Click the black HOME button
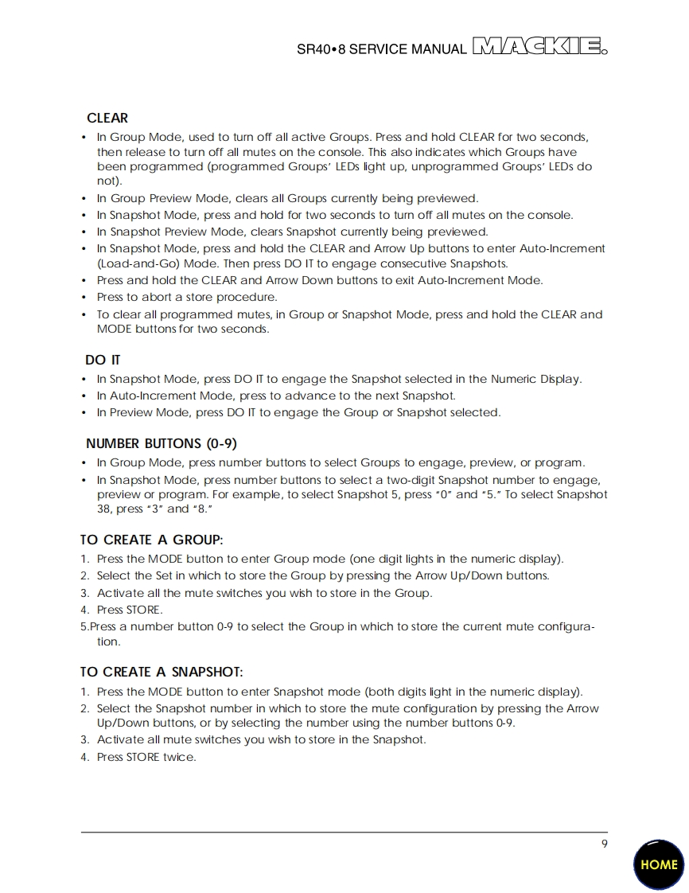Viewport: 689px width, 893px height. click(x=659, y=864)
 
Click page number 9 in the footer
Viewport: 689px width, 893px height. click(x=605, y=844)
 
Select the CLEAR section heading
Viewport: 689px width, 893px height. click(x=107, y=118)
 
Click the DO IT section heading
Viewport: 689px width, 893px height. click(x=103, y=361)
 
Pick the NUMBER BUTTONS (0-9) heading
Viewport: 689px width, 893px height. click(x=162, y=443)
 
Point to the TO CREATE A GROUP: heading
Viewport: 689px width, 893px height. click(x=151, y=540)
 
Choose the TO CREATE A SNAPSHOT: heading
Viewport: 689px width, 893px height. click(x=162, y=673)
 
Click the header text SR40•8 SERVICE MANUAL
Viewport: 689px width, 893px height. click(x=382, y=49)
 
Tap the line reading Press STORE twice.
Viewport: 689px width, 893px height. click(x=146, y=757)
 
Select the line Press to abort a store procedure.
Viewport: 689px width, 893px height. click(x=187, y=297)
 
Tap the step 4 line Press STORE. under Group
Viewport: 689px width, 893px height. click(x=129, y=610)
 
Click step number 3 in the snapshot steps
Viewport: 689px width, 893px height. click(x=84, y=739)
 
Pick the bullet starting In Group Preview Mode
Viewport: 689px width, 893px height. click(x=286, y=198)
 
